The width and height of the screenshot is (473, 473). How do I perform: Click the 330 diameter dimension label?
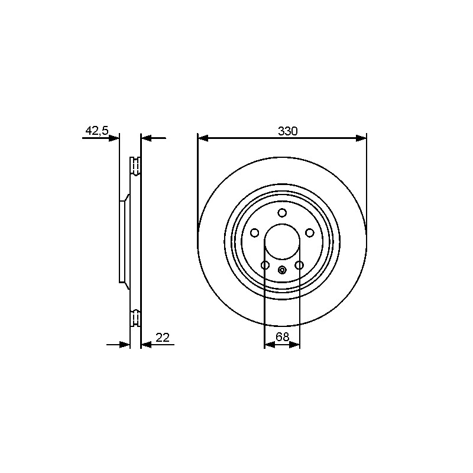coord(287,131)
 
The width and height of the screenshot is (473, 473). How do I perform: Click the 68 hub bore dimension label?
coord(283,336)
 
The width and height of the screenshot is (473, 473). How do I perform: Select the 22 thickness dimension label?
coord(163,338)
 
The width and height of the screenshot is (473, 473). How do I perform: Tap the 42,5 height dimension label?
coord(97,131)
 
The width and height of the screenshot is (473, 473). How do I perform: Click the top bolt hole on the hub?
coord(282,213)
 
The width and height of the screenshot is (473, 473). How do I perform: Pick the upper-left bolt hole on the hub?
coord(255,233)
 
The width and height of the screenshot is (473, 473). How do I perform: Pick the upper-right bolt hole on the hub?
coord(309,233)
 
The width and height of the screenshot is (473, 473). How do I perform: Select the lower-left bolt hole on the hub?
coord(265,265)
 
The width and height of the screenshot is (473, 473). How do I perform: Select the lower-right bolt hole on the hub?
coord(299,265)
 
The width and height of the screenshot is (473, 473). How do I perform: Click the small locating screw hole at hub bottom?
coord(282,270)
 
